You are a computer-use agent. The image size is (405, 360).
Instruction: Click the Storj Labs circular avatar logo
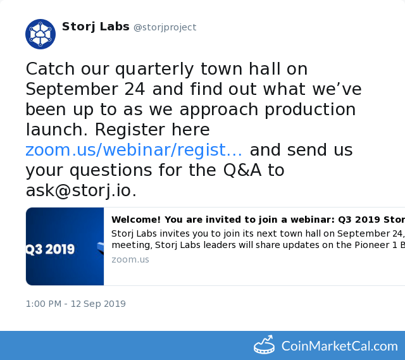tap(40, 34)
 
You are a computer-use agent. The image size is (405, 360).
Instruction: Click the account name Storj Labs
tap(96, 27)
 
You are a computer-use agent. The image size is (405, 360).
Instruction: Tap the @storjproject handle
tap(165, 27)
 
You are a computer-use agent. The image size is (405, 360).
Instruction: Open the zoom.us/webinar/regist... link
tap(134, 150)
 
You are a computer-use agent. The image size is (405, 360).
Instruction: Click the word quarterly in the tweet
tap(154, 70)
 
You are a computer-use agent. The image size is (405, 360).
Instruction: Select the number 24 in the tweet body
tap(135, 89)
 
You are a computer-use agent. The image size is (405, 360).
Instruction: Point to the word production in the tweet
tap(310, 110)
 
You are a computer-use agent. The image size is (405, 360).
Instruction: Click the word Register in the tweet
tap(130, 130)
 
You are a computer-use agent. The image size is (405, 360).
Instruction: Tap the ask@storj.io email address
tap(81, 191)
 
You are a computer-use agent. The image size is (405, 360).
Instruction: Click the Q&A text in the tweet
tap(242, 170)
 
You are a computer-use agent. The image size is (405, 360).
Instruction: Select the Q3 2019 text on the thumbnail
tap(50, 249)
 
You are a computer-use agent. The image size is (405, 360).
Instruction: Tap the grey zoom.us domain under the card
tap(130, 259)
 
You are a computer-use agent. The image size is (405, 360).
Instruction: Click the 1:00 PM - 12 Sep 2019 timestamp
tap(76, 304)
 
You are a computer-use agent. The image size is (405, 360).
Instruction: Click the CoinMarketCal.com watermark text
tap(339, 346)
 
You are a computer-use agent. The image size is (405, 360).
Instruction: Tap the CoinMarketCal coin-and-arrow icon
tap(265, 345)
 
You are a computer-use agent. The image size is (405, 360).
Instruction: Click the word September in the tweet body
tap(72, 90)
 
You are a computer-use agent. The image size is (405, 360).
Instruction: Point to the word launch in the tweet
tap(56, 129)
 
